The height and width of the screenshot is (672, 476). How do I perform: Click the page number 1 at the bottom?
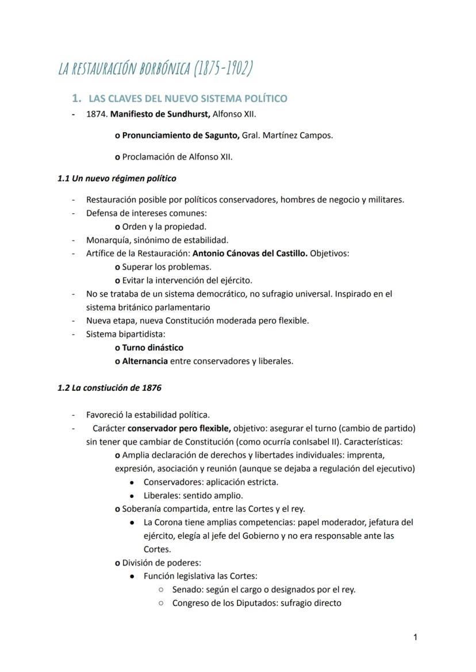point(415,636)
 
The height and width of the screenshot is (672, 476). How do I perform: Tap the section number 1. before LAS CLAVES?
point(79,98)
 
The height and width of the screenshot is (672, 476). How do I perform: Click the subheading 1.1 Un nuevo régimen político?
point(117,178)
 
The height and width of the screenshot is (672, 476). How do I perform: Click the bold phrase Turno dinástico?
point(153,348)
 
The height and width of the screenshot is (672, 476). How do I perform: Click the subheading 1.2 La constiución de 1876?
point(109,388)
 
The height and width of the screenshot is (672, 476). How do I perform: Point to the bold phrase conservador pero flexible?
point(179,428)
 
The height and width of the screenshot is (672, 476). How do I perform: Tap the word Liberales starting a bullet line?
point(162,496)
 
